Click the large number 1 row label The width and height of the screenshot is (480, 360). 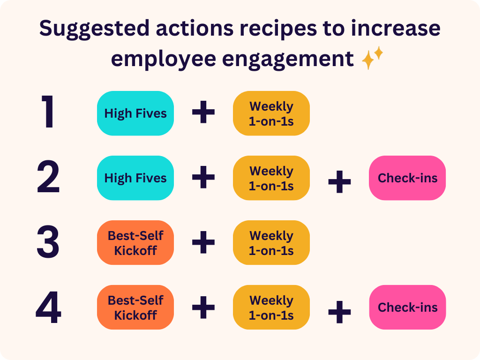coord(49,112)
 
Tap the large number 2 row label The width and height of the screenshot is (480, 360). coord(48,177)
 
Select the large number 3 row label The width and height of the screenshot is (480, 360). coord(48,242)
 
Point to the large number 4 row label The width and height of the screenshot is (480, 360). coord(48,307)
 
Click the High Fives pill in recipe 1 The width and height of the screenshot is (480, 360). coord(135,113)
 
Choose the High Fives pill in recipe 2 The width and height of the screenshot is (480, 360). coord(135,178)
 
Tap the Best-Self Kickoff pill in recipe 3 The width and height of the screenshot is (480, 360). coord(135,243)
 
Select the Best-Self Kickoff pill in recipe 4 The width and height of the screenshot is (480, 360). coord(135,307)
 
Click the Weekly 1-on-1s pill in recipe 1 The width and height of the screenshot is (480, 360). coord(271,113)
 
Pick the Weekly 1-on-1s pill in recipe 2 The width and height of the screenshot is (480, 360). coord(271,178)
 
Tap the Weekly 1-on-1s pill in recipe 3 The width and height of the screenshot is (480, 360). coord(271,243)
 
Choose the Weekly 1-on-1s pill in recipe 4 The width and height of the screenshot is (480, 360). coord(271,307)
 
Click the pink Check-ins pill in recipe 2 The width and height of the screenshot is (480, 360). coord(407,178)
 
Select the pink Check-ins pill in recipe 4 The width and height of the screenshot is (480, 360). coord(407,307)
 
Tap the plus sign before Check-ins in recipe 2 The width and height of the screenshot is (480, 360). coord(339,182)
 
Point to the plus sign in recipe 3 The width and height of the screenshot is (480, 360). coord(203,242)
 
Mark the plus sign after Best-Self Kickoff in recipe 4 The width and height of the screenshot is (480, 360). coord(203,307)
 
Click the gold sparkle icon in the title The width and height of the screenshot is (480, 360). coord(372,58)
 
